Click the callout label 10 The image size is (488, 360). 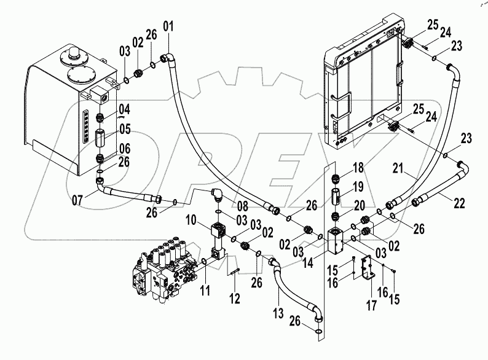191,220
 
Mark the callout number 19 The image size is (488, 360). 358,186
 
